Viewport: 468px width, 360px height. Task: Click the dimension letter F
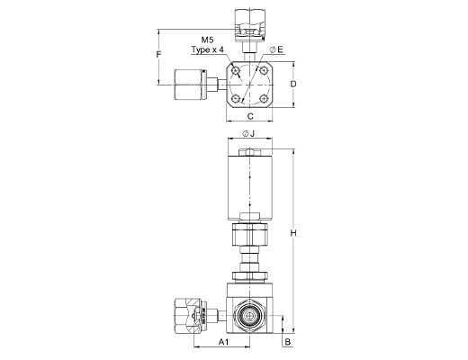159,54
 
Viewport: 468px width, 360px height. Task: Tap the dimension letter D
293,84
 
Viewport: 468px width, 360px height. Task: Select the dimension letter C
250,116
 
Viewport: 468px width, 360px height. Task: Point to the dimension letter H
293,233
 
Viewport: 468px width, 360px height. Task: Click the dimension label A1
223,342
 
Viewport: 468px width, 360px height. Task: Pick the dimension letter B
288,342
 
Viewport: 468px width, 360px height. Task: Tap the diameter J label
248,133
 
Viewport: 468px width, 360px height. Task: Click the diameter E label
276,49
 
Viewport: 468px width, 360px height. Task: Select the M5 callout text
207,40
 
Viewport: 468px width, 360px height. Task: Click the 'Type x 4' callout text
208,49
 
